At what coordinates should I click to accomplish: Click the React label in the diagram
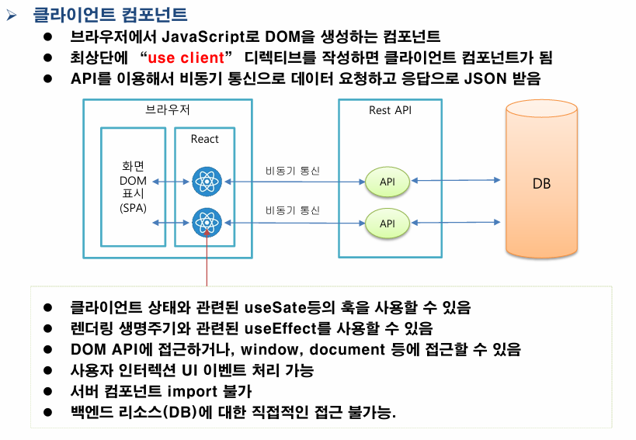point(205,139)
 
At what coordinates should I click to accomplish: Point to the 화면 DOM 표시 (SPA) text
point(133,186)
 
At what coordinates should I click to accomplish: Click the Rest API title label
point(390,110)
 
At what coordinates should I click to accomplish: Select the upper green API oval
point(388,182)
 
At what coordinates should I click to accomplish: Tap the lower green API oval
point(388,223)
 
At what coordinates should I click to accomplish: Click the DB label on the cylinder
point(541,184)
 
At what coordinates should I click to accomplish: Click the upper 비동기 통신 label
point(292,171)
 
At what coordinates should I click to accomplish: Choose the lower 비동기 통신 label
point(292,210)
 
